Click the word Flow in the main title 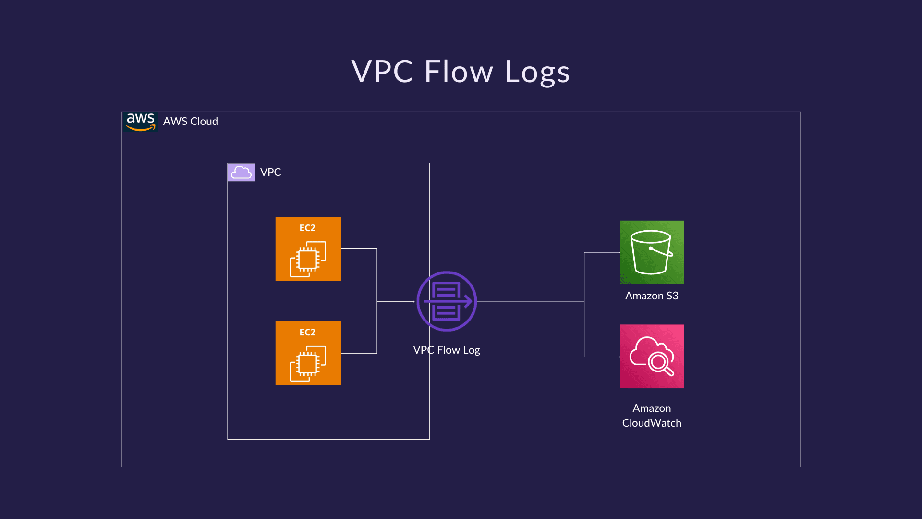(x=459, y=72)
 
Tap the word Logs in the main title (x=537, y=72)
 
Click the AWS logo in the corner (x=140, y=122)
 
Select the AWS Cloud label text (x=190, y=122)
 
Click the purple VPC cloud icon (x=241, y=172)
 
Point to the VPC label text (x=270, y=172)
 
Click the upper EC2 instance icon (x=308, y=249)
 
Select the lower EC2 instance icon (x=308, y=353)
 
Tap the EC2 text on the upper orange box (x=307, y=228)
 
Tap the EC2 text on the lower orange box (x=307, y=332)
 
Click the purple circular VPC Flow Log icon (x=447, y=301)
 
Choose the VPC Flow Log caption (x=447, y=350)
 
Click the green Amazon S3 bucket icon (x=652, y=252)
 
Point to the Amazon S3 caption (x=652, y=296)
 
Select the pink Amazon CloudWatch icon (x=652, y=356)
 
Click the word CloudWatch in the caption (x=652, y=423)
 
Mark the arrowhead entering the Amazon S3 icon (x=619, y=252)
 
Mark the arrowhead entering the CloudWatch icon (x=619, y=357)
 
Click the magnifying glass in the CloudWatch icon (x=660, y=363)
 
